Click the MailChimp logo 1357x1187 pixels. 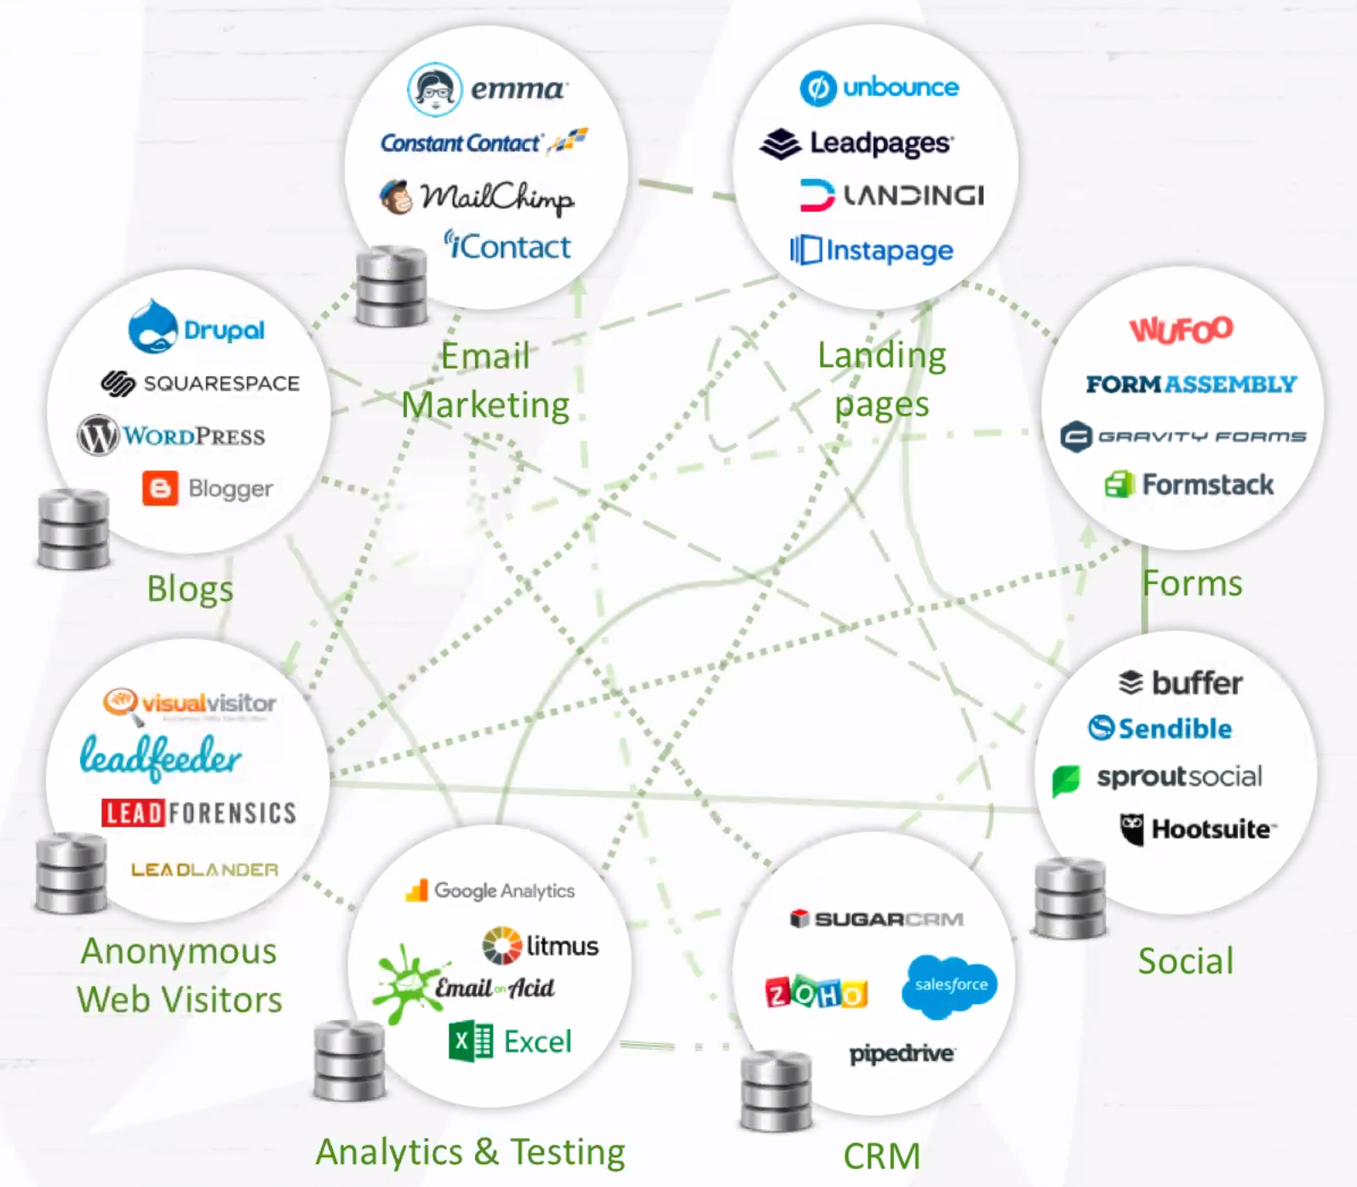click(478, 198)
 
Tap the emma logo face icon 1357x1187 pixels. click(434, 89)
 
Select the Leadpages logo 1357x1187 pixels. click(856, 143)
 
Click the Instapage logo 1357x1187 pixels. click(872, 250)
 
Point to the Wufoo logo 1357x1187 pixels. click(1181, 329)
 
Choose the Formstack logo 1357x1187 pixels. click(1189, 485)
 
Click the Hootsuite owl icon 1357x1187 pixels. click(1131, 829)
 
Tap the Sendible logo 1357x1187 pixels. click(1160, 728)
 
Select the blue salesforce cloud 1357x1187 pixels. click(950, 985)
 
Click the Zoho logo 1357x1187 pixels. click(816, 992)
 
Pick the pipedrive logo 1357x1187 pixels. click(902, 1054)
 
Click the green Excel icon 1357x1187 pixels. click(471, 1041)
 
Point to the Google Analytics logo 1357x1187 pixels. click(490, 891)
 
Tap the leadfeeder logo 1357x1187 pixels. click(161, 756)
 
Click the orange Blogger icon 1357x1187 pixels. click(160, 488)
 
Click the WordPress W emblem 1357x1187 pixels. click(98, 435)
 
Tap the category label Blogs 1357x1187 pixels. click(190, 589)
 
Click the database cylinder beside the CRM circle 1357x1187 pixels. click(776, 1091)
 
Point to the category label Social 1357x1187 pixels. click(1185, 961)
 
